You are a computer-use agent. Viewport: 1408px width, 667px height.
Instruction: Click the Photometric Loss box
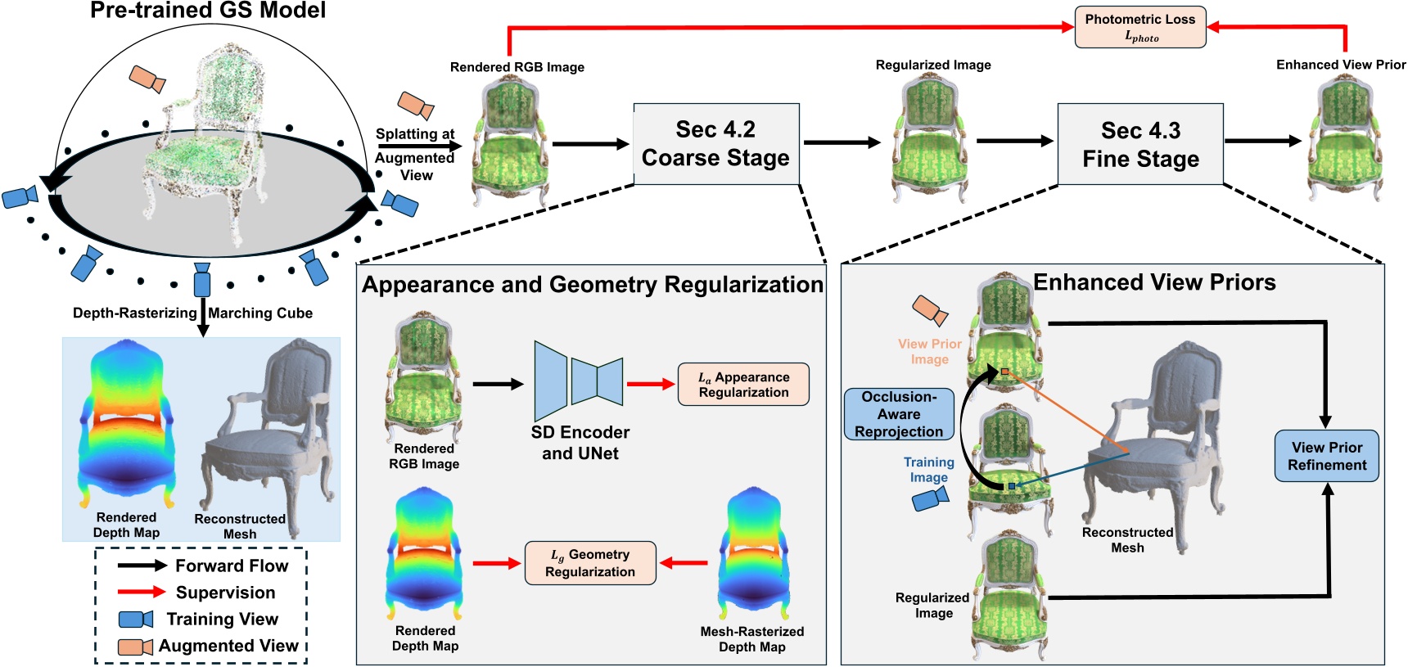1139,28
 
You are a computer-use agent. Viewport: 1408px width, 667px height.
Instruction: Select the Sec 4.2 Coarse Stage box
715,143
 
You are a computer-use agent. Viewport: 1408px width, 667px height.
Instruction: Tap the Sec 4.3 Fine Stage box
1140,144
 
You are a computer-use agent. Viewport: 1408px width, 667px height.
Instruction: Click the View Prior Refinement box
1326,456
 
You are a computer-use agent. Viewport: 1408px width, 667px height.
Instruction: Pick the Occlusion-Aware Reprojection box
899,414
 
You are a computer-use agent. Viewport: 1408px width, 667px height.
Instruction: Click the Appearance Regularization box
743,385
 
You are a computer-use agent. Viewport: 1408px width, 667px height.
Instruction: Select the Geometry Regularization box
590,563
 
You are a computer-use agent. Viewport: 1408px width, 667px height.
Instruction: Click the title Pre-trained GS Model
208,11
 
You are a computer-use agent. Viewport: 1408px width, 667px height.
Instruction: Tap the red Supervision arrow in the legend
142,592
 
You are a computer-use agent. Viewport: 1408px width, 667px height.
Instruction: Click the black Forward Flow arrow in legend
142,566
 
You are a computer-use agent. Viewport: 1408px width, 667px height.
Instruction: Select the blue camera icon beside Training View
136,619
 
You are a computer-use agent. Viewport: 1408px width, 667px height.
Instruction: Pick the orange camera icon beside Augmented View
136,647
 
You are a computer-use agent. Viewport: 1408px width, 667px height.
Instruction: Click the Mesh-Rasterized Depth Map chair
751,557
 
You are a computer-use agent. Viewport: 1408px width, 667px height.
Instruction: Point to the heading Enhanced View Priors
1154,282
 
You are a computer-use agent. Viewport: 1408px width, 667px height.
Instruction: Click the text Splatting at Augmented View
415,155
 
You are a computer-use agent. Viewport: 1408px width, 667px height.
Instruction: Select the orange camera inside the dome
148,79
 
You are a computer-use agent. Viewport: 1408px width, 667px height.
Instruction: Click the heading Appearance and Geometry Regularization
592,285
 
